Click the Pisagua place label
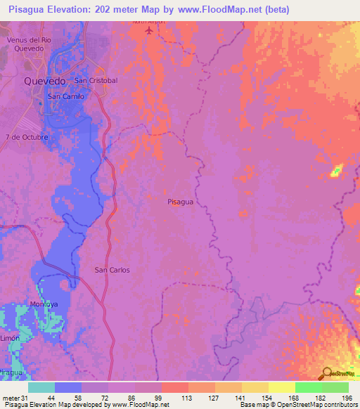(181, 202)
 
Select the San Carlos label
(112, 270)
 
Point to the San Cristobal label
(96, 81)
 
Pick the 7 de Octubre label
(27, 137)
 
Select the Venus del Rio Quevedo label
(30, 44)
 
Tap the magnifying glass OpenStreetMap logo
(328, 374)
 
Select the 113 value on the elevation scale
(188, 397)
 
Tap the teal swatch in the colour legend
(41, 387)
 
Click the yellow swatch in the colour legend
(282, 387)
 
